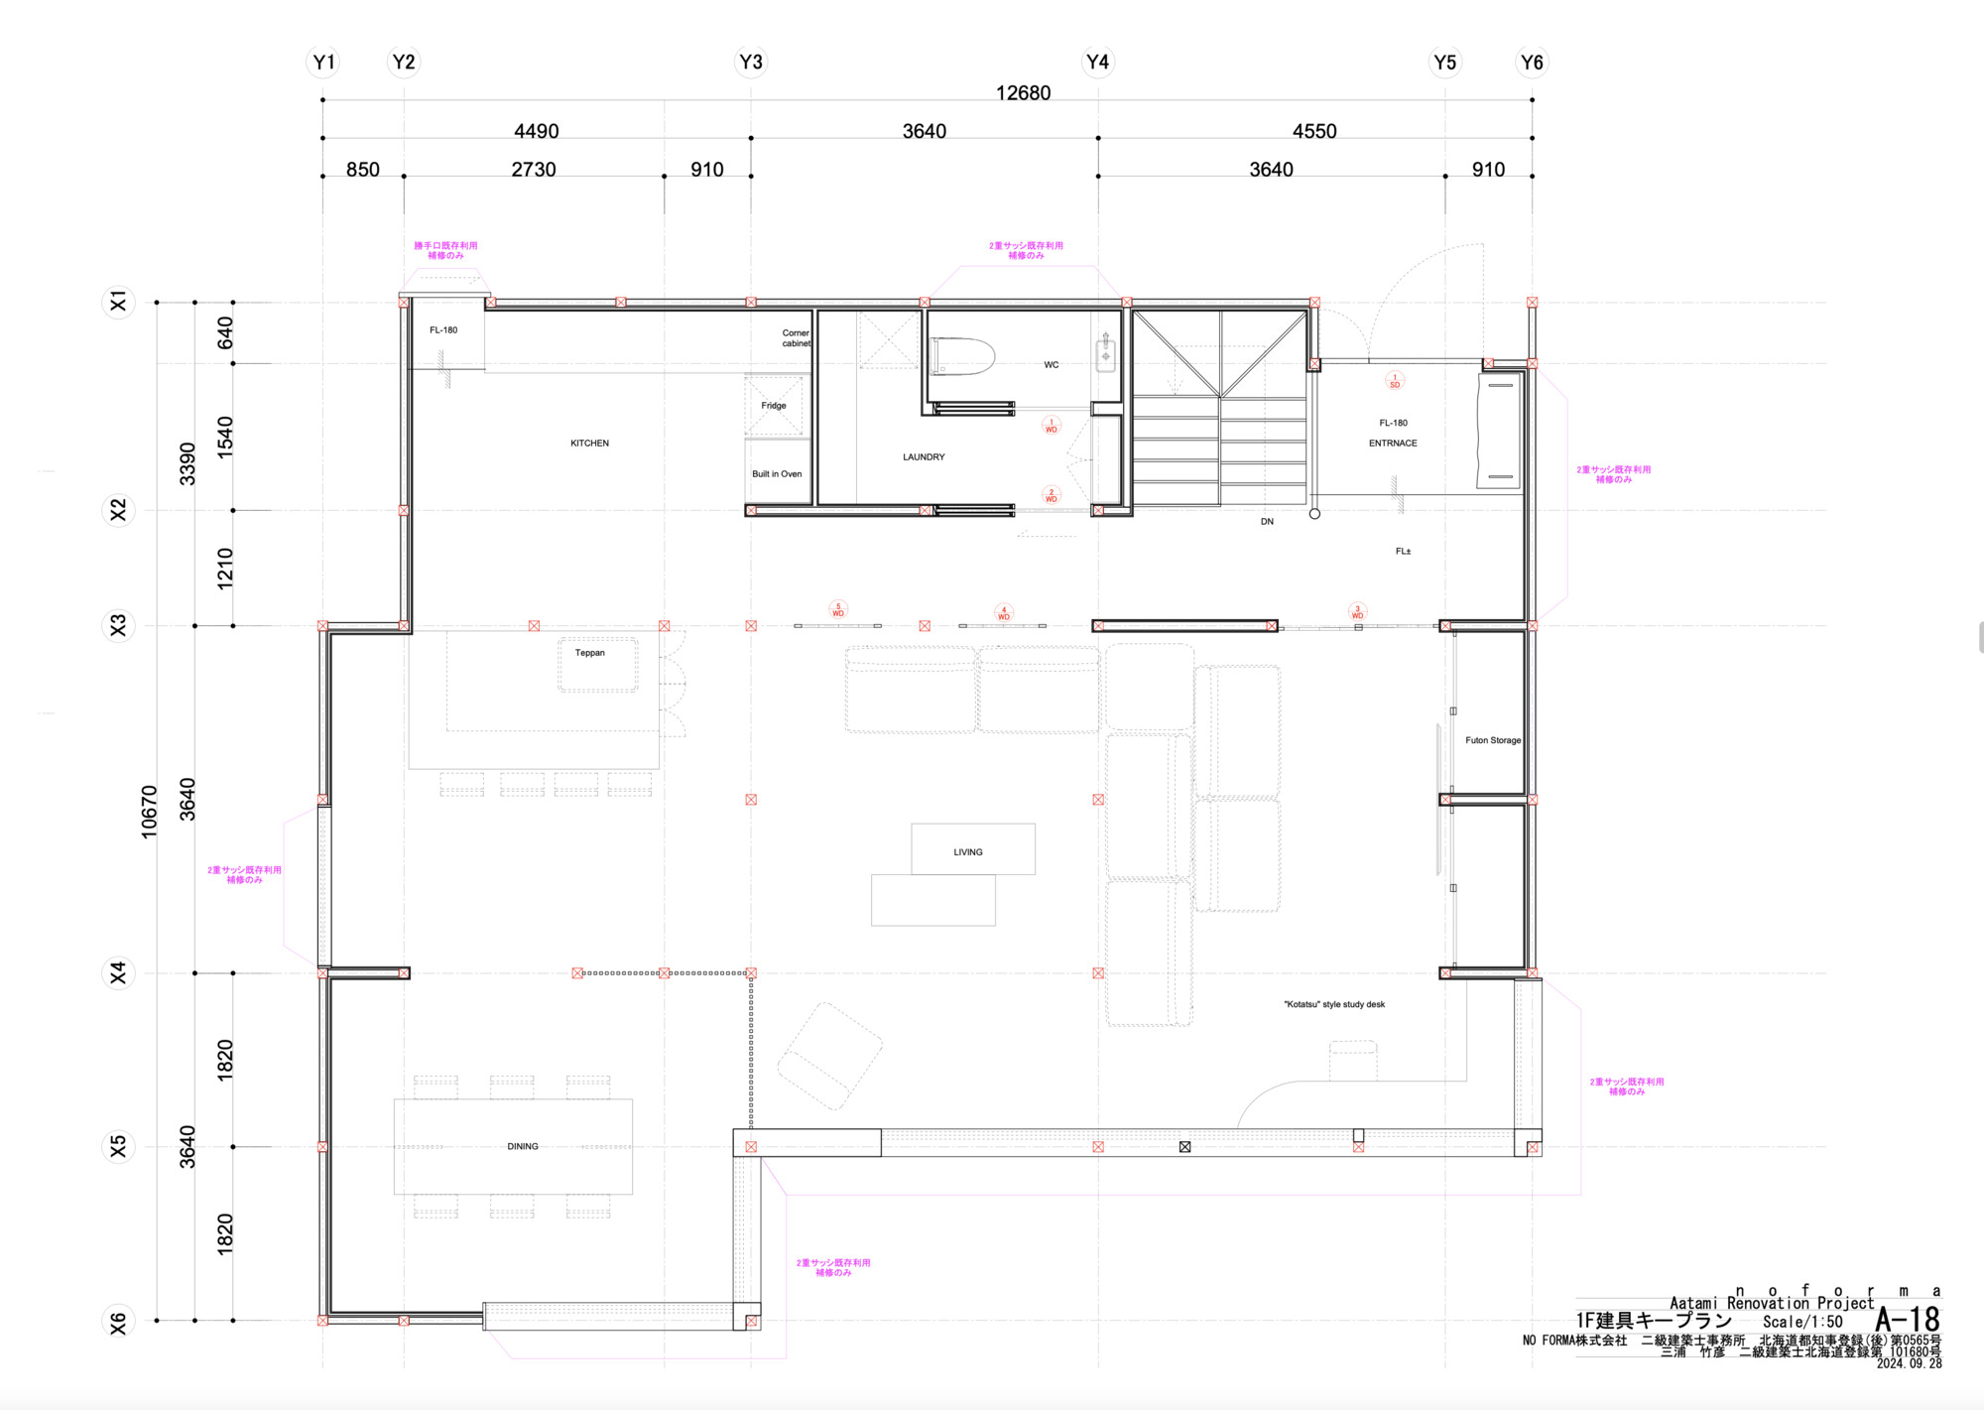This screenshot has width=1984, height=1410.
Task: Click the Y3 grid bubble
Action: tap(751, 63)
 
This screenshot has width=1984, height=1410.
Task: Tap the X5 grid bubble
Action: tap(119, 1147)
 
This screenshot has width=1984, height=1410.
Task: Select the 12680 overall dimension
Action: tap(1023, 93)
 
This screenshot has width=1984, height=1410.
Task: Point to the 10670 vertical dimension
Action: tap(150, 812)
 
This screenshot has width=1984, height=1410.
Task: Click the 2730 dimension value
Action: tap(534, 170)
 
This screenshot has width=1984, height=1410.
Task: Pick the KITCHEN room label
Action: tap(589, 444)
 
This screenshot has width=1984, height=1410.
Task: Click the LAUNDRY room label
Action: tap(924, 457)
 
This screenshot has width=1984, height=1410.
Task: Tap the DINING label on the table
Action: tap(523, 1147)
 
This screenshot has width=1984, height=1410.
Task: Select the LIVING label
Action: tap(968, 852)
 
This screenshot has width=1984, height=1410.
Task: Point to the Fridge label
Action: tap(774, 406)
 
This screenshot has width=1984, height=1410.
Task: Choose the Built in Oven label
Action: tap(777, 474)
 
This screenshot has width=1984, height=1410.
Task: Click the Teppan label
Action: tap(590, 653)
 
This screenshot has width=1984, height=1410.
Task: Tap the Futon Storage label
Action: tap(1493, 740)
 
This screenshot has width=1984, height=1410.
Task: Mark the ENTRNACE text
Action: tap(1393, 444)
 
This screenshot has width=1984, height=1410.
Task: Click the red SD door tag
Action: tap(1395, 381)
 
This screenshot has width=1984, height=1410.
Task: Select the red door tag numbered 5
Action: tap(838, 610)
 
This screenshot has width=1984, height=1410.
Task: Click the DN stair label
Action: tap(1267, 522)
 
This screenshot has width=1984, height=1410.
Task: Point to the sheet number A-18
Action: tap(1908, 1320)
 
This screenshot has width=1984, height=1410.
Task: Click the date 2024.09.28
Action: tap(1909, 1364)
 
